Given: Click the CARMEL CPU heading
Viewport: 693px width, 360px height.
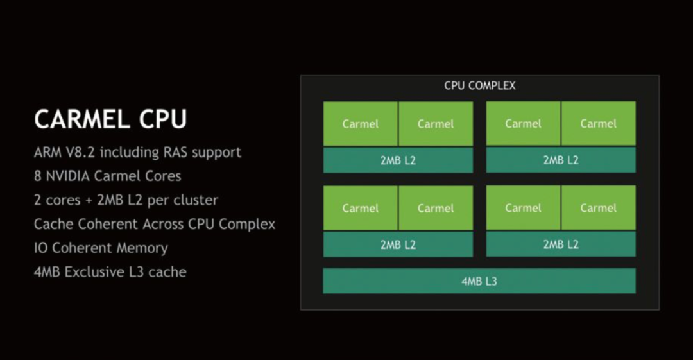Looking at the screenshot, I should pyautogui.click(x=110, y=119).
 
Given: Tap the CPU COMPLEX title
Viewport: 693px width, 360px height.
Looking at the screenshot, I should pyautogui.click(x=479, y=85).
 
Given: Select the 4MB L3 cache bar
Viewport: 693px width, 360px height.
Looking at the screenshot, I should pyautogui.click(x=479, y=281).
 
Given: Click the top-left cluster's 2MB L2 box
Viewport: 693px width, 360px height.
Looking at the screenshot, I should pyautogui.click(x=398, y=160).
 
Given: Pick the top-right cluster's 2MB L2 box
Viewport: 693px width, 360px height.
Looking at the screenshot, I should pyautogui.click(x=561, y=160).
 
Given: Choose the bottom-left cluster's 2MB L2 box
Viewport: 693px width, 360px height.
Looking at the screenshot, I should pyautogui.click(x=398, y=244).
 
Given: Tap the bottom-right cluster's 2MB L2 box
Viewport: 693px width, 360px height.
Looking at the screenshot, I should pyautogui.click(x=561, y=244).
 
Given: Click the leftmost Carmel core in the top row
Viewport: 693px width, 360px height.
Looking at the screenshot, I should pyautogui.click(x=360, y=124).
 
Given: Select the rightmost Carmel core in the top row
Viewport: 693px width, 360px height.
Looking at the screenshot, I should pyautogui.click(x=598, y=124).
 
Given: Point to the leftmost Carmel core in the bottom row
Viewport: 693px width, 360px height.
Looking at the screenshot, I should pyautogui.click(x=360, y=208).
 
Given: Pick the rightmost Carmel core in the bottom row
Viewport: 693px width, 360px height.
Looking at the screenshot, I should pyautogui.click(x=598, y=208).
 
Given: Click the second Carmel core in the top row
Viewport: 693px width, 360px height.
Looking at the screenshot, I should pyautogui.click(x=436, y=124).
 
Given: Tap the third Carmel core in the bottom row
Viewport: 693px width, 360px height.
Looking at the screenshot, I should pyautogui.click(x=523, y=208).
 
